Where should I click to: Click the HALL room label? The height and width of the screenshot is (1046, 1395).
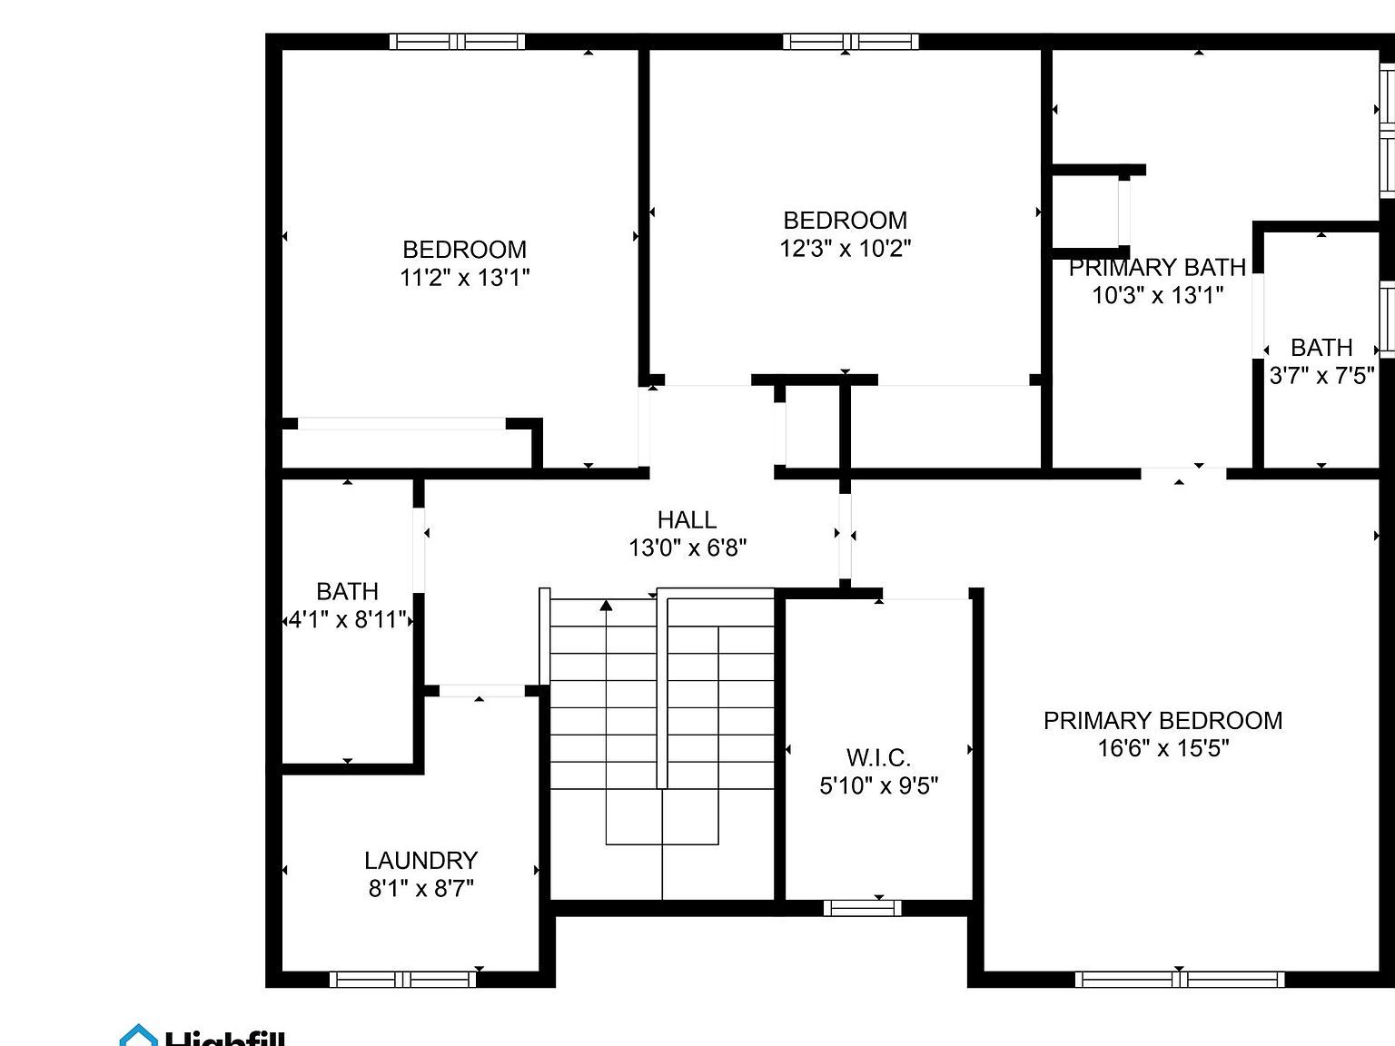coord(687,519)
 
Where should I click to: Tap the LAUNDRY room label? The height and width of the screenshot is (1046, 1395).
coord(420,860)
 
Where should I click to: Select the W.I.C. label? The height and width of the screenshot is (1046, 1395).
coord(878,757)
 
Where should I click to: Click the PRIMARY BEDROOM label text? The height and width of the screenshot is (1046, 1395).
coord(1162,720)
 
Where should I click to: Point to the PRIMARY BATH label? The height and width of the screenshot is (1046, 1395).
coord(1157,267)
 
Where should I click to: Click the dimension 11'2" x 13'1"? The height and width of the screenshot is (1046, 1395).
coord(464,277)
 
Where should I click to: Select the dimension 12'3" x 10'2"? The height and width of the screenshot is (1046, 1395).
coord(845,248)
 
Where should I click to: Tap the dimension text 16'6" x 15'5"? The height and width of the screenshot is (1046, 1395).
coord(1162,748)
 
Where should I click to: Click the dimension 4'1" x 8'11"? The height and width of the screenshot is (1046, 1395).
coord(347,620)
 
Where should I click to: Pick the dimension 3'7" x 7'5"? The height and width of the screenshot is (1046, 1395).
coord(1321,375)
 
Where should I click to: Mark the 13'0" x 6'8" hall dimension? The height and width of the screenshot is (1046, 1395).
coord(688,548)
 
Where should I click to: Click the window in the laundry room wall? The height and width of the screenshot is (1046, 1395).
coord(402,979)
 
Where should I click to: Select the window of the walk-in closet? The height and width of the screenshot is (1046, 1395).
coord(862,907)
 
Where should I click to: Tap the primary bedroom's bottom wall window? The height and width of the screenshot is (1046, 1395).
coord(1179,979)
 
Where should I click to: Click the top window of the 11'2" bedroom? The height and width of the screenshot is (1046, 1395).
coord(457,42)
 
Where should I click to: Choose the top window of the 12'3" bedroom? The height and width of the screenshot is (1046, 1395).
coord(850,42)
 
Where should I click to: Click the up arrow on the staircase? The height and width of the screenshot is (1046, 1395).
coord(606,607)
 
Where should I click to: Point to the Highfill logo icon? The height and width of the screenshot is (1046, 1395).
coord(138,1036)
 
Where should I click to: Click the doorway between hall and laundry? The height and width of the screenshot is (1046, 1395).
coord(481,691)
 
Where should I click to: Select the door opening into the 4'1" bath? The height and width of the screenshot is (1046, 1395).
coord(419,550)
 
